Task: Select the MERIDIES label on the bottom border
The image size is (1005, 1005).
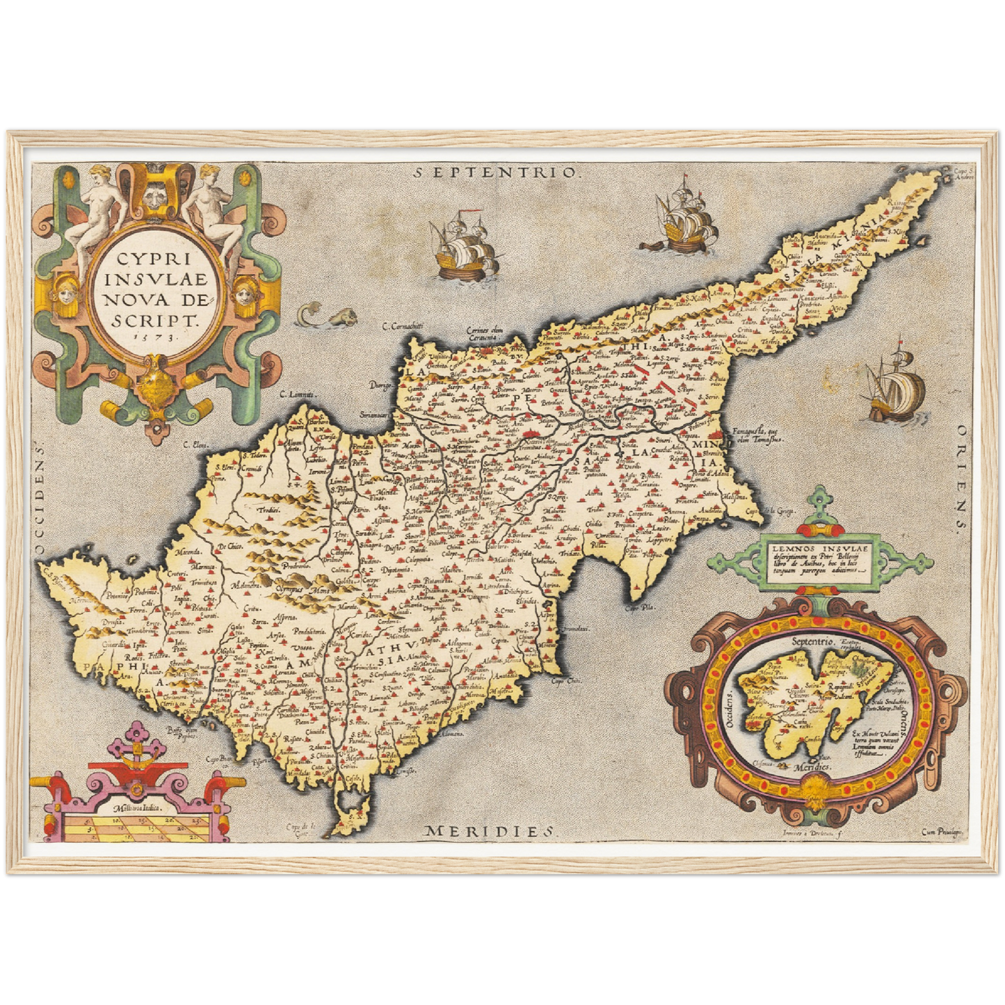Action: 491,830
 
